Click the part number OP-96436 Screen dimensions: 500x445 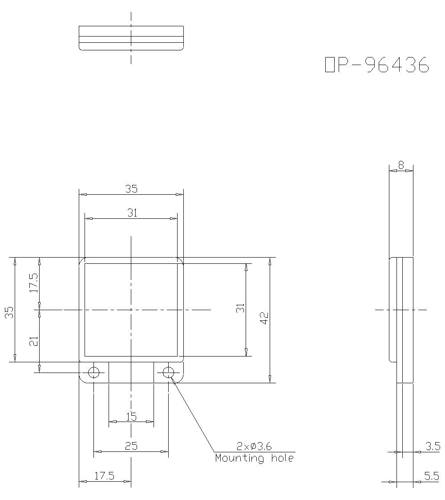click(x=377, y=65)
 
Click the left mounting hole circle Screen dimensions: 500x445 click(x=94, y=372)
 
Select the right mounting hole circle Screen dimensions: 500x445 click(x=168, y=372)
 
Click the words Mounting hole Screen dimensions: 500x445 click(x=254, y=458)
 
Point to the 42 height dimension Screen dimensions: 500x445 click(x=264, y=318)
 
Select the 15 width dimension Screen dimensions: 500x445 click(x=131, y=417)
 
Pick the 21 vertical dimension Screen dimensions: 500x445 click(x=34, y=341)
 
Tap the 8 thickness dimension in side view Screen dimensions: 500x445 click(x=401, y=165)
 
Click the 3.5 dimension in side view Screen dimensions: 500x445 click(x=432, y=447)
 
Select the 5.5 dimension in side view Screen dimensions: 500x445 click(x=432, y=476)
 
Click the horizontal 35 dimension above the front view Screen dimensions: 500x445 click(x=131, y=189)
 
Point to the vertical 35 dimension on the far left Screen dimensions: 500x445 click(x=9, y=312)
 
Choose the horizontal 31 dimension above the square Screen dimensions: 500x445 click(x=132, y=213)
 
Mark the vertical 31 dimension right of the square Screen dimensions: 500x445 click(x=240, y=308)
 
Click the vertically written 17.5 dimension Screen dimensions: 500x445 click(x=34, y=282)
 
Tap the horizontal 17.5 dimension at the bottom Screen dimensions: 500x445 click(x=105, y=476)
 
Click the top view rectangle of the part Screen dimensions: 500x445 click(x=131, y=38)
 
